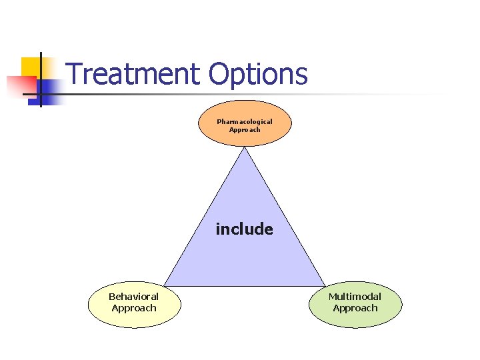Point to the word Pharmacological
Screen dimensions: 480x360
pos(245,121)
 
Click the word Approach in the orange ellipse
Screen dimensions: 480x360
pos(245,129)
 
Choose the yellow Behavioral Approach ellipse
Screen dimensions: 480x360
pos(134,317)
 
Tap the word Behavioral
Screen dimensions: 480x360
pos(134,297)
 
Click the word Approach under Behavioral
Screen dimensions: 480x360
pos(134,308)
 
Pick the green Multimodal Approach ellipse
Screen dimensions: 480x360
pos(355,317)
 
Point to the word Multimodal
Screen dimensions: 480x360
pos(355,297)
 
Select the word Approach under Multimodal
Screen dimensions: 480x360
pos(355,308)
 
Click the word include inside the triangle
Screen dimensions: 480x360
pos(244,229)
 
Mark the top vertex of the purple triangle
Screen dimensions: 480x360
pos(245,148)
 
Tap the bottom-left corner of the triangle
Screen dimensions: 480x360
pos(165,285)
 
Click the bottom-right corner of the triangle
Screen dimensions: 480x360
pos(325,285)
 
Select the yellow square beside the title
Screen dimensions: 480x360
pos(30,67)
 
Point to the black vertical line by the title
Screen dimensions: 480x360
pos(41,80)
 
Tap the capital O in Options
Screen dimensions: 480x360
pos(219,74)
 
